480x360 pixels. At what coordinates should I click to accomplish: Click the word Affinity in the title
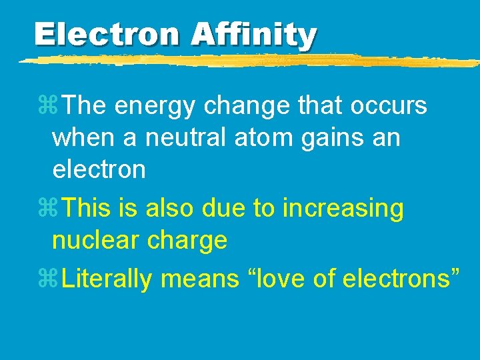(253, 34)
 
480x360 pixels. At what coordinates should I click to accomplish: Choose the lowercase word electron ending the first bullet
(99, 169)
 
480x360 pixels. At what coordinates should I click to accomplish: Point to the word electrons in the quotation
(397, 279)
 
